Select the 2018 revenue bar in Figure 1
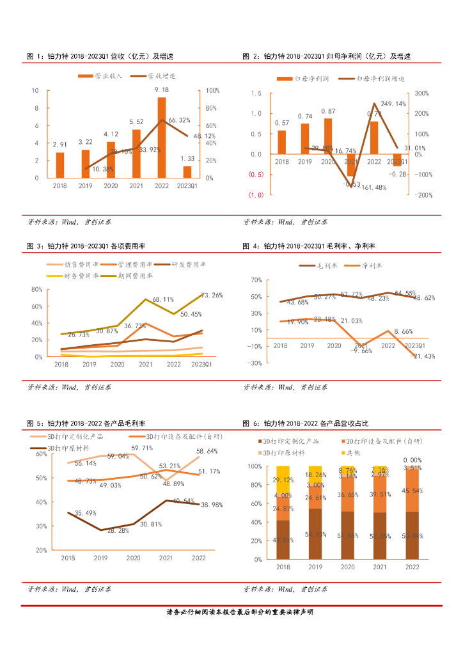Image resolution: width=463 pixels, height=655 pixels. [x=60, y=165]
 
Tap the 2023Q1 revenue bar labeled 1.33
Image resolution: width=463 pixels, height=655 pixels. [x=187, y=172]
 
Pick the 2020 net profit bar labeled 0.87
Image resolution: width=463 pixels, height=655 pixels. [x=328, y=136]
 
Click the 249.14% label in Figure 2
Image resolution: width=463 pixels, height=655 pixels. [x=393, y=104]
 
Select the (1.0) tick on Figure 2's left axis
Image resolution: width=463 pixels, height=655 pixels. [x=256, y=195]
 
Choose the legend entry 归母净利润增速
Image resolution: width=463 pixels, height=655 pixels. [x=376, y=78]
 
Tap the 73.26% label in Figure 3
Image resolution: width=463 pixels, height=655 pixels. [x=212, y=296]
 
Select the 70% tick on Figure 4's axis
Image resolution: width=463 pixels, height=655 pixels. [x=256, y=280]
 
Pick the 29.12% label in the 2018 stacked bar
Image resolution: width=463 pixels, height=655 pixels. [x=283, y=480]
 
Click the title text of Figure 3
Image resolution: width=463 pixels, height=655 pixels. [x=84, y=246]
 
